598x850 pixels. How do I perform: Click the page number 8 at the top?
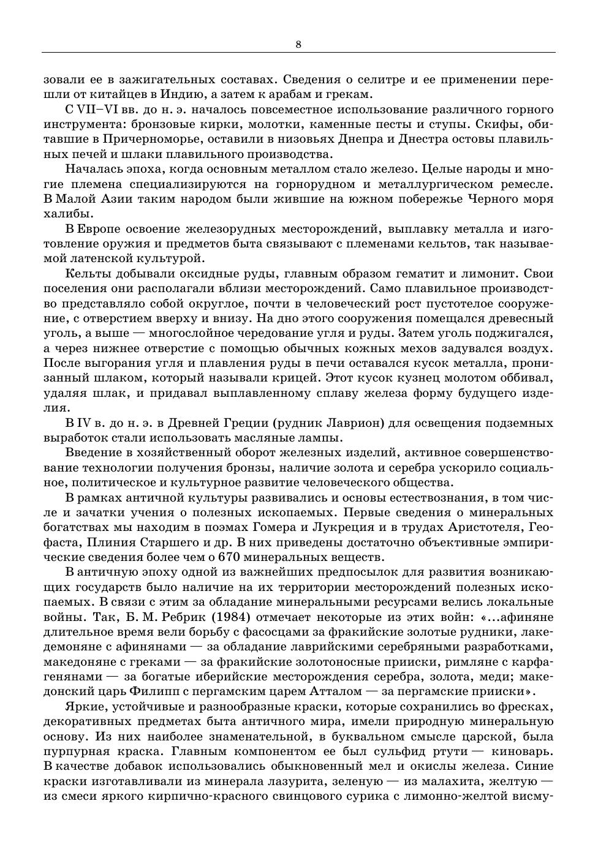point(298,44)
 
